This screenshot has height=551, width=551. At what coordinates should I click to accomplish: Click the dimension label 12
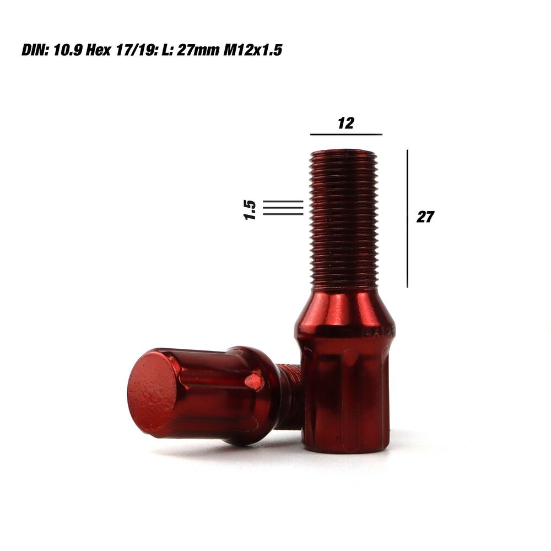click(x=345, y=123)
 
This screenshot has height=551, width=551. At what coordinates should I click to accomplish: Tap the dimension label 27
click(x=425, y=217)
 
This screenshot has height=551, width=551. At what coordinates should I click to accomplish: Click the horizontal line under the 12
click(x=345, y=134)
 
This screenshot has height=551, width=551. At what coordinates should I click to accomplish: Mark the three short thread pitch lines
click(x=283, y=208)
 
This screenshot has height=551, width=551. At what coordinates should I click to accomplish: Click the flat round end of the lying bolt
click(x=152, y=391)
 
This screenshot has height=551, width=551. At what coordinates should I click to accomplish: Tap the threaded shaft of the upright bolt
click(x=344, y=220)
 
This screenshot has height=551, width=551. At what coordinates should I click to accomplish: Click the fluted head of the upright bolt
click(x=346, y=397)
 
